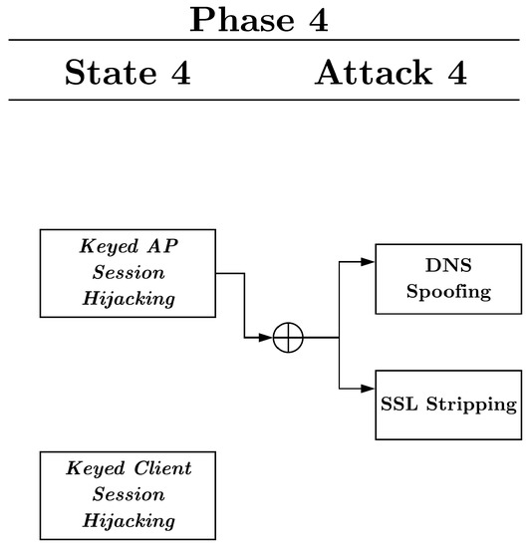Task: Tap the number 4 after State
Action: click(x=180, y=73)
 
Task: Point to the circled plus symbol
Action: click(x=288, y=339)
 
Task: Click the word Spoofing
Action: click(x=448, y=292)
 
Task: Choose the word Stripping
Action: click(x=468, y=405)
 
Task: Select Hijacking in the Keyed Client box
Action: click(x=128, y=519)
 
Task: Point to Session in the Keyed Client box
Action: click(x=128, y=494)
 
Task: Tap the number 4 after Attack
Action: click(x=456, y=73)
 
